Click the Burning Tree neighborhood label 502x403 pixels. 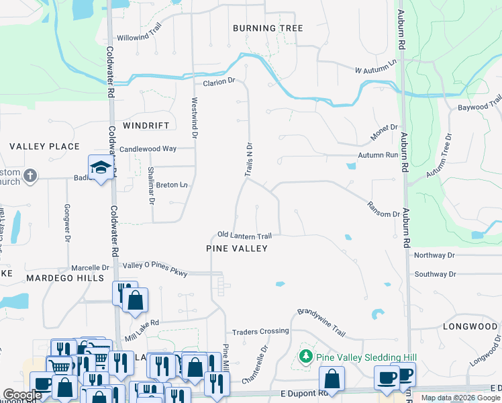click(268, 28)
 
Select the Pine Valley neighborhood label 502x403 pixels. click(236, 249)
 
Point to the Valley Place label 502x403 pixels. click(44, 146)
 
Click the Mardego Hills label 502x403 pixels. click(57, 277)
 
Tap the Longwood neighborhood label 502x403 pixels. click(470, 326)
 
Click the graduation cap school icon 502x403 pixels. click(99, 167)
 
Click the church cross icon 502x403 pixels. click(30, 176)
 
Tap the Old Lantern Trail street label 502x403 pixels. click(244, 236)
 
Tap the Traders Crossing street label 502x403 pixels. click(260, 332)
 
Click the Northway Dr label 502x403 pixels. click(434, 255)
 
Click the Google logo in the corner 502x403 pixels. click(22, 395)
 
